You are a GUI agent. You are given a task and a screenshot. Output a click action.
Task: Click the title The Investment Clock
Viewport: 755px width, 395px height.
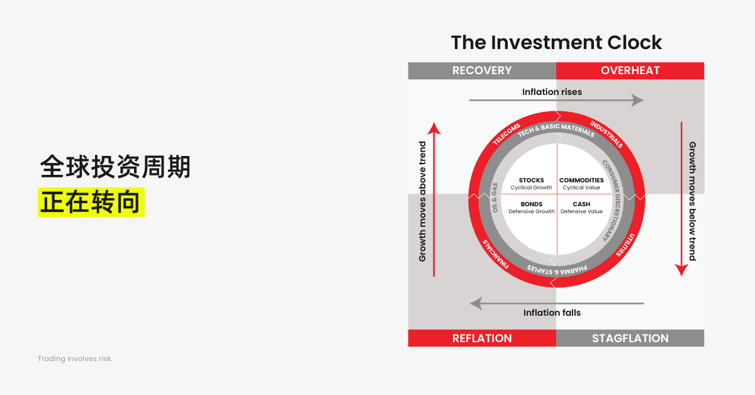pos(556,42)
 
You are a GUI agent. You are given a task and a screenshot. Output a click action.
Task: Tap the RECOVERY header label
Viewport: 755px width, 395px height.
pos(482,70)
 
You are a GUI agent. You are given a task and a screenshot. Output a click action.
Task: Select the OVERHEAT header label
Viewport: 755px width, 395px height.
pos(630,70)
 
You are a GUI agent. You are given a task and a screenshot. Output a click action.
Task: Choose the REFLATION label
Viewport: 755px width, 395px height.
pos(482,338)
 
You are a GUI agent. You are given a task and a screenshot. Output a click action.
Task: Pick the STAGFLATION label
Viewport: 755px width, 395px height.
pos(630,338)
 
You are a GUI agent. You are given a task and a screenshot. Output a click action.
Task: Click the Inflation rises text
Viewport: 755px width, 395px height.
pos(552,92)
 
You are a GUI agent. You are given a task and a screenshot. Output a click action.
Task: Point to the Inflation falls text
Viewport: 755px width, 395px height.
pos(552,313)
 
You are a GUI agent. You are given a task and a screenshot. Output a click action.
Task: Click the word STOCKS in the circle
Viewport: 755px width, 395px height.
pos(531,181)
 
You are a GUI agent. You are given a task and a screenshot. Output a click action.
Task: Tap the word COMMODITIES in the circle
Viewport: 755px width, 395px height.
pos(581,181)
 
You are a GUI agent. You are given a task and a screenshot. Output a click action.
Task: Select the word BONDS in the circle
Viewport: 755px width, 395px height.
pos(531,204)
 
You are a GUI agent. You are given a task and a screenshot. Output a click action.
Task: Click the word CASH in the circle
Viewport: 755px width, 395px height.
pos(581,204)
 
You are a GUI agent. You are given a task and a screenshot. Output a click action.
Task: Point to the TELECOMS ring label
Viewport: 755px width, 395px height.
pos(506,133)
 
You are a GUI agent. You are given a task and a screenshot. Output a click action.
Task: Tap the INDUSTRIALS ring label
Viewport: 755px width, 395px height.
pos(606,133)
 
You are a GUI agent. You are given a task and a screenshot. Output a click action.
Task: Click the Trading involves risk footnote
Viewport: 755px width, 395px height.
pos(75,359)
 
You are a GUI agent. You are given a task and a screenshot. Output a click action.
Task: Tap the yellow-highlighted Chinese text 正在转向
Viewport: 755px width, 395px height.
pos(91,202)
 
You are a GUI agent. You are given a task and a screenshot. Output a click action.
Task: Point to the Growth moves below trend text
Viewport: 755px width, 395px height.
pos(692,201)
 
